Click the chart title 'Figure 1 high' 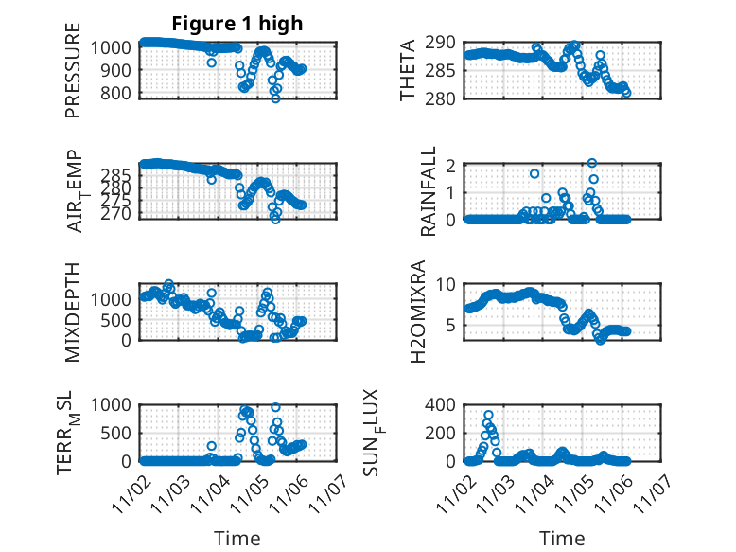(x=237, y=24)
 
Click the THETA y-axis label (x=408, y=69)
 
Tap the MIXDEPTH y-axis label (x=73, y=312)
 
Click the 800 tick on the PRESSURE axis (x=121, y=93)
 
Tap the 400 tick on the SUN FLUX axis (x=446, y=405)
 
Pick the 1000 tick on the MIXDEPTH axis (x=116, y=298)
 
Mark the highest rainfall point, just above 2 (x=592, y=163)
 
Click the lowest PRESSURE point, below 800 (x=275, y=98)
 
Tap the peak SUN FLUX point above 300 (x=488, y=416)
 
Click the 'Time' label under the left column (x=237, y=538)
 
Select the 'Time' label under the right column (x=562, y=538)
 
